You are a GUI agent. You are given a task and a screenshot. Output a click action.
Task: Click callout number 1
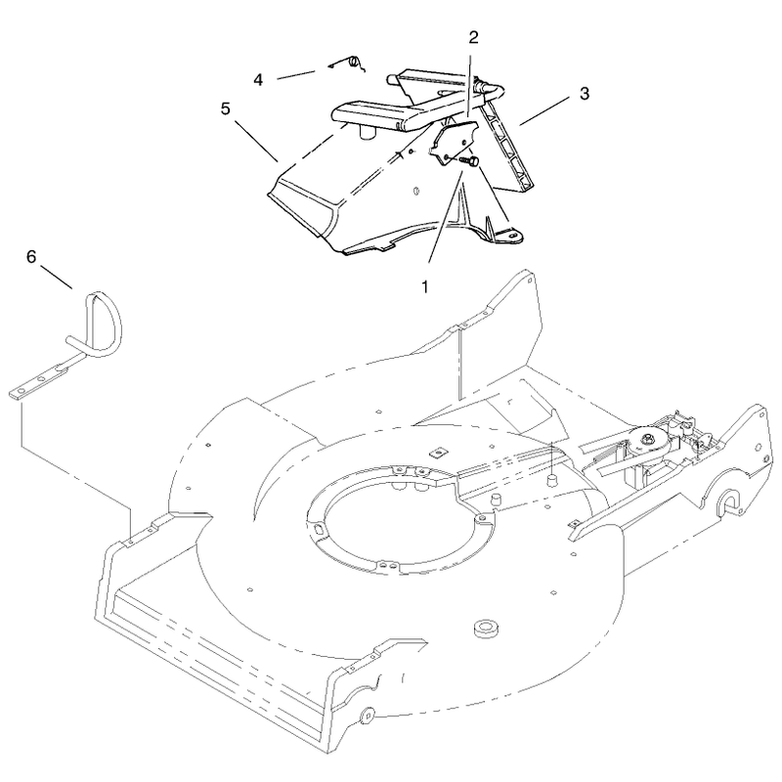425,286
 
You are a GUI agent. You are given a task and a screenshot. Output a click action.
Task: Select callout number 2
473,37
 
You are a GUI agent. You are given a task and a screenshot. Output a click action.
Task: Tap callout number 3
584,93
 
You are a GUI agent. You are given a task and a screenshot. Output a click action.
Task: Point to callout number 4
258,80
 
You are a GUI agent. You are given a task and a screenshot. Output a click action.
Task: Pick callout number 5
226,109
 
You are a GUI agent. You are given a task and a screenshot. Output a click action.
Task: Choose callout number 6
31,257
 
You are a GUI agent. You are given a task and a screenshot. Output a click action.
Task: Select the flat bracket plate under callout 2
453,141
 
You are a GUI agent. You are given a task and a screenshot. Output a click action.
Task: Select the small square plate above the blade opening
438,452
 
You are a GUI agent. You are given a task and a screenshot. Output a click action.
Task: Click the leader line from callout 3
544,110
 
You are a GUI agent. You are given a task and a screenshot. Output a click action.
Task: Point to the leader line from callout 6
57,278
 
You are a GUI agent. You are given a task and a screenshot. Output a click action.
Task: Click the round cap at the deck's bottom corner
368,717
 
